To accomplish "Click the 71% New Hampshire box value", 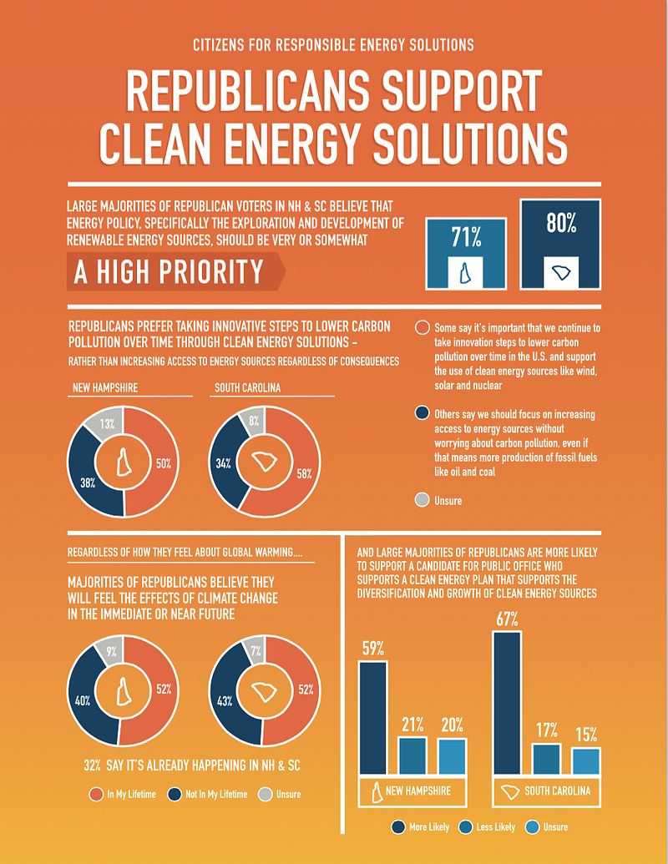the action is click(466, 237).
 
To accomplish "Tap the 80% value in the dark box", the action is click(561, 223).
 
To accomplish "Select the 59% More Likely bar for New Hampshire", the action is click(373, 718).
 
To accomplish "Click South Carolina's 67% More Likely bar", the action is click(507, 703).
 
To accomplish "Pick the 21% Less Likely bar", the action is click(412, 756).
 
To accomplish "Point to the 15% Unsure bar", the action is click(586, 761).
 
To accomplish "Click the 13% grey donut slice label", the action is click(108, 424).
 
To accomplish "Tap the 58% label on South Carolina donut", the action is click(304, 473).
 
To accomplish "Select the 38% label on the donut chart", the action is click(88, 483).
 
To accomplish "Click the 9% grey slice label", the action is click(111, 652).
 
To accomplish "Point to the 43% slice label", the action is click(225, 701).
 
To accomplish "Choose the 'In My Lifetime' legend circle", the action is click(97, 794).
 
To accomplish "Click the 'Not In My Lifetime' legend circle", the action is click(175, 794).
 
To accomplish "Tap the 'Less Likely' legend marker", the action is click(466, 826).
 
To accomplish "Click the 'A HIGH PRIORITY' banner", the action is click(176, 271).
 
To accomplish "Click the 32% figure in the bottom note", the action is click(92, 765).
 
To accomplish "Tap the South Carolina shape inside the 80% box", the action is click(561, 272).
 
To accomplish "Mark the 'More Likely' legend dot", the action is click(398, 826).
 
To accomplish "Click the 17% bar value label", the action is click(547, 730).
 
